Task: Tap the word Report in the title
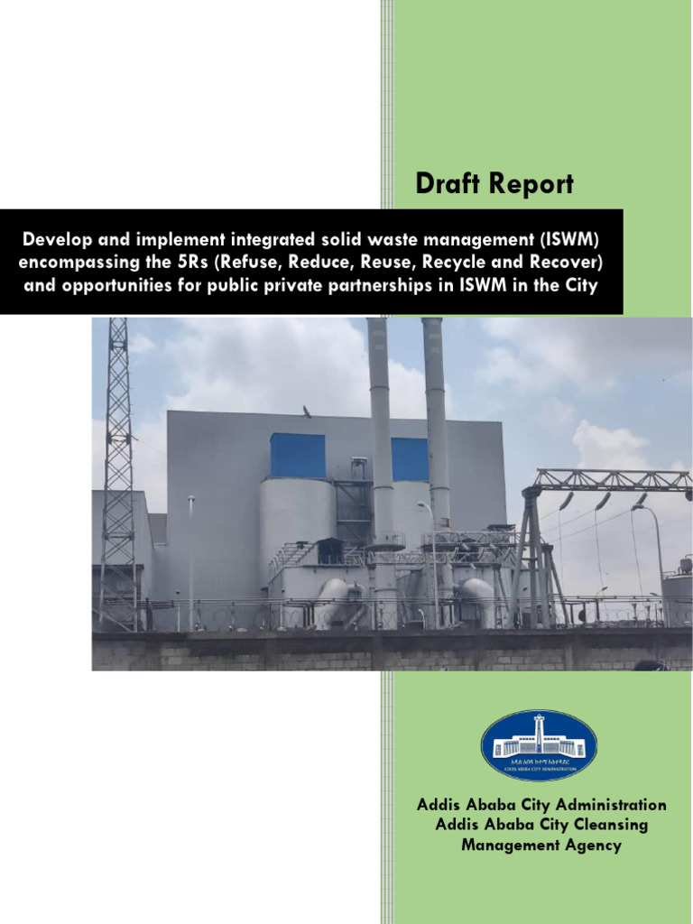coord(532,184)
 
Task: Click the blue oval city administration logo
coord(539,745)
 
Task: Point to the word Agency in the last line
coord(592,845)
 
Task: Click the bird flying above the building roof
coord(307,412)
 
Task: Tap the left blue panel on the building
coord(297,455)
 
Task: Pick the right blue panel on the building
coord(409,459)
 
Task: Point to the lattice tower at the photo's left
coord(117,469)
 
